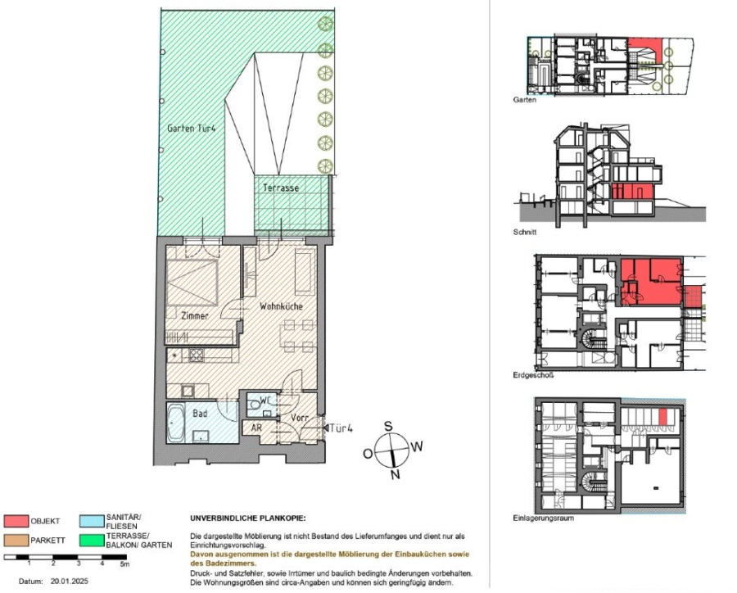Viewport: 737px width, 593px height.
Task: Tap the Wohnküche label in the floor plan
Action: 281,306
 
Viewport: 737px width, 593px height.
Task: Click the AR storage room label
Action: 256,428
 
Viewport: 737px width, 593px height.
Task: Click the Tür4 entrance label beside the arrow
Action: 342,428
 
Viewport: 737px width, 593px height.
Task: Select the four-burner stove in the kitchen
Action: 197,355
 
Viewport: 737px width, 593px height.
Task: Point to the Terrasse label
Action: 281,188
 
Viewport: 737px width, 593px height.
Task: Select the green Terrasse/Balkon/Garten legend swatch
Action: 92,540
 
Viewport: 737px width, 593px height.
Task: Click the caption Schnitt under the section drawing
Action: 524,233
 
